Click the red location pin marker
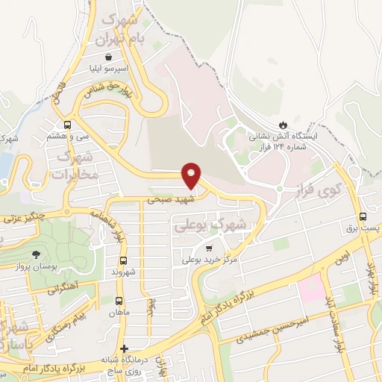pyautogui.click(x=192, y=176)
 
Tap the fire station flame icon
pyautogui.click(x=284, y=124)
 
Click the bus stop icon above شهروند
pyautogui.click(x=124, y=260)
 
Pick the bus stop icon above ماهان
pyautogui.click(x=120, y=300)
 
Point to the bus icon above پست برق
pyautogui.click(x=363, y=216)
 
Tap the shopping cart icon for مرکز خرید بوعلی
pyautogui.click(x=210, y=248)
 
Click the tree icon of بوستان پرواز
pyautogui.click(x=36, y=254)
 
